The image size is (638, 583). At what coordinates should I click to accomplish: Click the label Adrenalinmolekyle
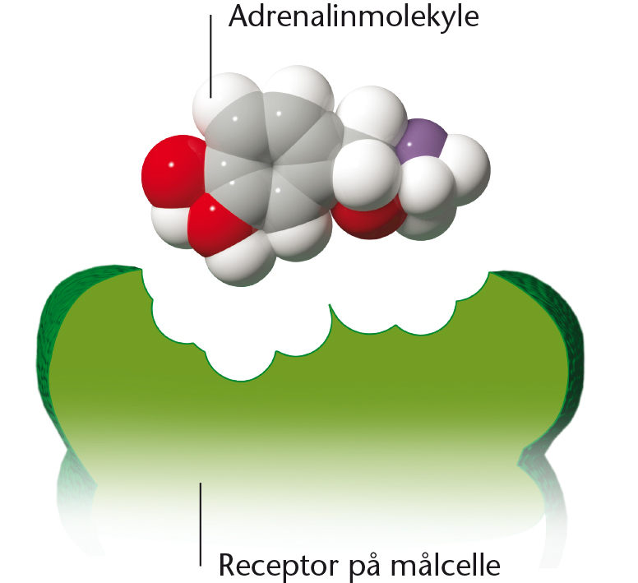click(354, 17)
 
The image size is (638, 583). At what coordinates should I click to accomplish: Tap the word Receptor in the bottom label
click(279, 566)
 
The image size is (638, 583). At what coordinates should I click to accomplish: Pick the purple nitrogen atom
click(421, 141)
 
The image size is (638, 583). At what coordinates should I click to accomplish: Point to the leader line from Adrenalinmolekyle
click(210, 57)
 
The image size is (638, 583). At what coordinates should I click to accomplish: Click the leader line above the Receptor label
click(200, 524)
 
